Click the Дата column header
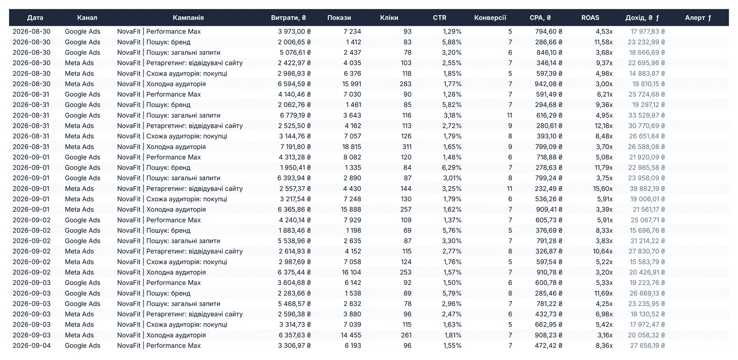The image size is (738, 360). coord(35,18)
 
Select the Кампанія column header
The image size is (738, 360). coord(188,18)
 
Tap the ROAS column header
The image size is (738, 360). coord(590,18)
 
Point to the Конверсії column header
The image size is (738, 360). coord(490,18)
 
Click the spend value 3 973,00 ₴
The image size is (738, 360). coord(294,31)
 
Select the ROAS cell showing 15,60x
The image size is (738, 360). coord(604,189)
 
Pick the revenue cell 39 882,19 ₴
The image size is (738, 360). coord(646,189)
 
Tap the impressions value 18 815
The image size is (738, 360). coord(352,147)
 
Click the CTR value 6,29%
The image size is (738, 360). coord(452,167)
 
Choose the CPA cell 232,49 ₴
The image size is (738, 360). coord(549,189)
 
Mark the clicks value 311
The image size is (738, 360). coord(406,147)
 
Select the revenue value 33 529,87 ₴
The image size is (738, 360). coord(646,116)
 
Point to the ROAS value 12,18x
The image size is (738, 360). coord(604,126)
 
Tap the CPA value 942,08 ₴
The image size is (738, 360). coord(548,84)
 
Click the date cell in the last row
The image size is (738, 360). coord(31,345)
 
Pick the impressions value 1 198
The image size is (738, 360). coord(353,230)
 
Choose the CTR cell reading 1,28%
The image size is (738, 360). coord(452,94)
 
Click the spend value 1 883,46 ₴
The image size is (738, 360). coord(294,230)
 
